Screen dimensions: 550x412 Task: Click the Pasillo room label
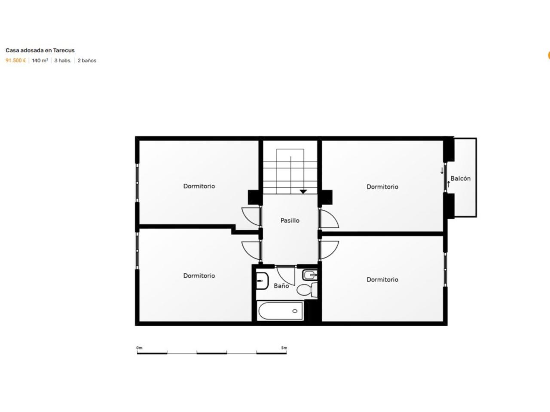coord(290,221)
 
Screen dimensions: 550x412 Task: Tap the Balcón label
coord(461,179)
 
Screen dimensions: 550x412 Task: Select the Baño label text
coord(281,286)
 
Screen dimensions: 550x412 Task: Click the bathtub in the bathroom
coord(281,311)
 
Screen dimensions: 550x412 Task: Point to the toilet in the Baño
coord(307,290)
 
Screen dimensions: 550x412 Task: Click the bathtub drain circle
coord(295,311)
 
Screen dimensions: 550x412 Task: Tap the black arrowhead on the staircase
coord(303,191)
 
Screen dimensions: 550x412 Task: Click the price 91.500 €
coord(15,61)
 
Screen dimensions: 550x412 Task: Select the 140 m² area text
coord(40,61)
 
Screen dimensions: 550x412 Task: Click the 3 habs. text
coord(63,61)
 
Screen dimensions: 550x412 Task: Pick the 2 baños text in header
coord(87,61)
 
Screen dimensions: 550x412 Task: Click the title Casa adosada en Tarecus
coord(40,50)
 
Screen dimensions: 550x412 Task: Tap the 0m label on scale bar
coord(139,348)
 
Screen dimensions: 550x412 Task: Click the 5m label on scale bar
coord(284,348)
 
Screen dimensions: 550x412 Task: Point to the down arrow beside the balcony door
coord(442,171)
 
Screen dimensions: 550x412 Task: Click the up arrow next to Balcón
coord(449,185)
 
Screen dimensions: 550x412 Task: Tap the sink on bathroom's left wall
coord(262,281)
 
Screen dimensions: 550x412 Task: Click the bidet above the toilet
coord(310,275)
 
